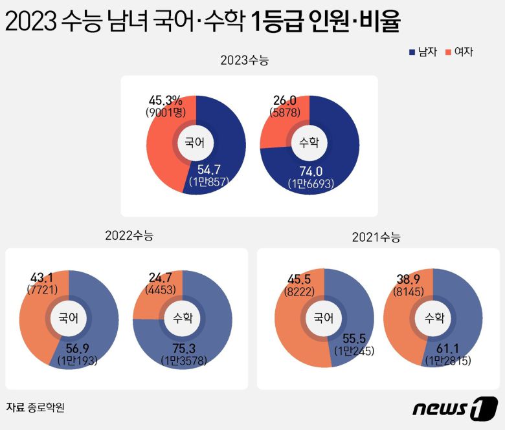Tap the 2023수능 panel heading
[244, 61]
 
